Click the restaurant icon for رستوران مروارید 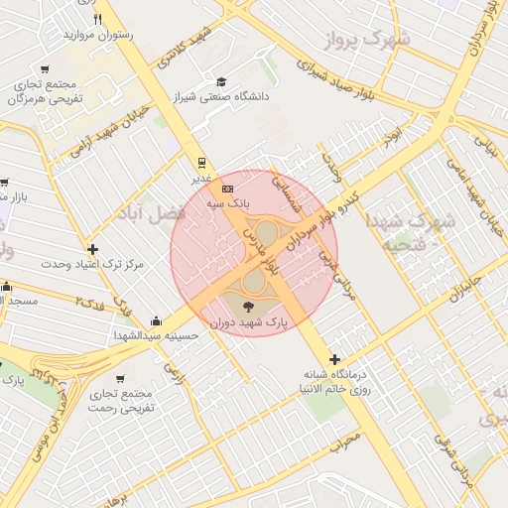tap(97, 18)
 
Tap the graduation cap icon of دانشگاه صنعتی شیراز tap(220, 81)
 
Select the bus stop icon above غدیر tap(201, 162)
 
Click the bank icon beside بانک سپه tap(228, 188)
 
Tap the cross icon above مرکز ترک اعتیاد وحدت tap(93, 249)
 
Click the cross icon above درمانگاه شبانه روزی tap(334, 359)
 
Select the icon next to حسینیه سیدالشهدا tap(156, 320)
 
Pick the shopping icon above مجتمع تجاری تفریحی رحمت tap(120, 378)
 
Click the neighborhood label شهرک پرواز tap(365, 41)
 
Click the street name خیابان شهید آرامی tap(109, 130)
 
